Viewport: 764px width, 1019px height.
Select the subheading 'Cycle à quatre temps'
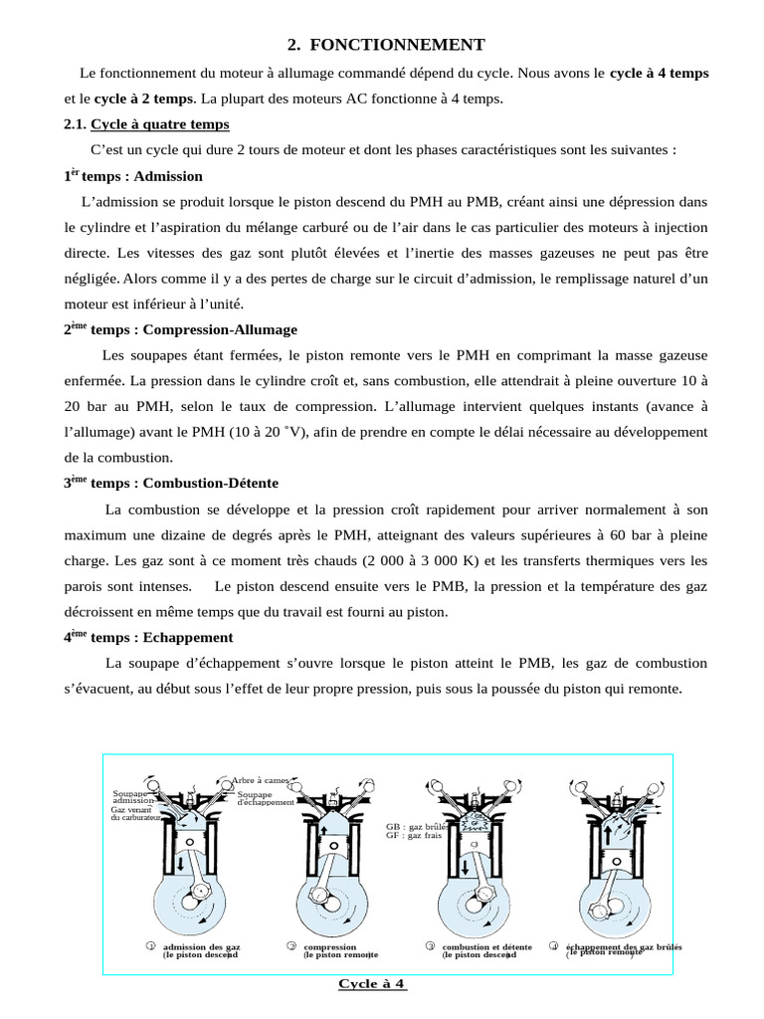pos(159,124)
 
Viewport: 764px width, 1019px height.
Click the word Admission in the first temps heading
pos(167,176)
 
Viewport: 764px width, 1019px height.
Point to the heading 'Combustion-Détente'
pos(211,484)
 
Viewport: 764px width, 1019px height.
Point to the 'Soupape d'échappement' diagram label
pos(266,798)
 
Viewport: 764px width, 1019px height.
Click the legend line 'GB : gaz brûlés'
pos(419,826)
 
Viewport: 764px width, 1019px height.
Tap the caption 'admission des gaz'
pos(201,946)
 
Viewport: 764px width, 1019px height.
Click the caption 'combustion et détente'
pos(486,946)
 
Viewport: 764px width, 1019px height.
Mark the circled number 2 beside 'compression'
pos(291,945)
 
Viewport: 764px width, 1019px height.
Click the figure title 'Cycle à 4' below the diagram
pos(372,984)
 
